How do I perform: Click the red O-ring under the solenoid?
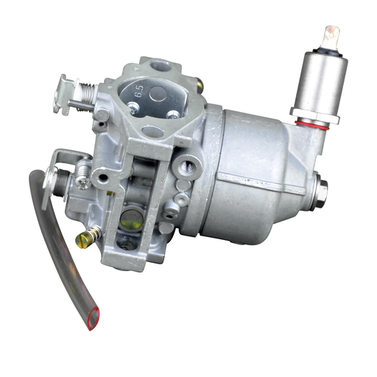coord(311,125)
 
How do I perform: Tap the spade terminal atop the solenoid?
coord(332,37)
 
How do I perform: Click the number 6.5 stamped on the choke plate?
coord(139,91)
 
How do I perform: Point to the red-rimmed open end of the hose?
coord(94,318)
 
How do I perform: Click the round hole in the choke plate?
coord(158,94)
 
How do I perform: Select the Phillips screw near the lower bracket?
coord(82,182)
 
